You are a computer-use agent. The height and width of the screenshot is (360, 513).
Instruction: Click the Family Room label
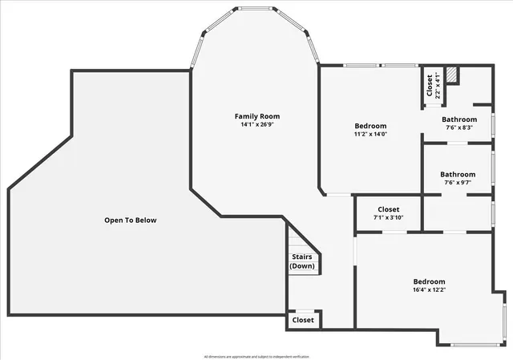tap(257, 116)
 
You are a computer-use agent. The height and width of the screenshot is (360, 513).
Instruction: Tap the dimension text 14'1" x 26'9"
tap(257, 125)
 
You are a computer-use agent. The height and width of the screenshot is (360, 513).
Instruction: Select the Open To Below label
tap(131, 220)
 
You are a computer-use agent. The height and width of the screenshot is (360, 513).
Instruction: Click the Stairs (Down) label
tap(302, 261)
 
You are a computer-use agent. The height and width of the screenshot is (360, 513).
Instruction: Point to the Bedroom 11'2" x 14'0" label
tap(370, 130)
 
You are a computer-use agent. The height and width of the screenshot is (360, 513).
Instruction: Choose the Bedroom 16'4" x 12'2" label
tap(429, 285)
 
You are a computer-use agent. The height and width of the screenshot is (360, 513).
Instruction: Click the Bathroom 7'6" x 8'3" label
tap(458, 123)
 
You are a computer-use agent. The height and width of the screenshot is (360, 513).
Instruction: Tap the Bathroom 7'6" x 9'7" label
tap(458, 178)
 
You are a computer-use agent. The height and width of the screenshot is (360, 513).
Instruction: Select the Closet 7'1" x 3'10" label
tap(388, 213)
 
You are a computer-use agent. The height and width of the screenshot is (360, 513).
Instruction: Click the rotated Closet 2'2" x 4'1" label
tap(433, 86)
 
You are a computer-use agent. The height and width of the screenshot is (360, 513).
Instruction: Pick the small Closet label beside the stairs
tap(303, 320)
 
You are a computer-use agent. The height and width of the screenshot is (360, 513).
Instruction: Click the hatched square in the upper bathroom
tap(453, 75)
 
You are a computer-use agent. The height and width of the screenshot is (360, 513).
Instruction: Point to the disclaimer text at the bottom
tap(256, 355)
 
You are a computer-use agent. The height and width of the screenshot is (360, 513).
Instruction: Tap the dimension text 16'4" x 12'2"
tap(429, 290)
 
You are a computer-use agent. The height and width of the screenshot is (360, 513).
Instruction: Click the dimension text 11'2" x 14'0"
tap(370, 135)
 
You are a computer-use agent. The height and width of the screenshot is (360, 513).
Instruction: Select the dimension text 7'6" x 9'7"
tap(458, 183)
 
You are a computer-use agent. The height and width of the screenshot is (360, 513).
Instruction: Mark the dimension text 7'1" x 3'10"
tap(388, 217)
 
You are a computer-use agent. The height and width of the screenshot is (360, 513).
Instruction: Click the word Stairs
tap(302, 257)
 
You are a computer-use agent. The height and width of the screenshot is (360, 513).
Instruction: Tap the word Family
tap(246, 116)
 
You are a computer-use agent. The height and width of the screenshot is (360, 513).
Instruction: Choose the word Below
tap(146, 220)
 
